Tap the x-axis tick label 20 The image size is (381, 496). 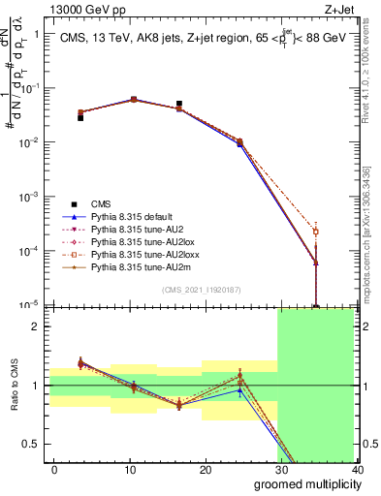coord(206,470)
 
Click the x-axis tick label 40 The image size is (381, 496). coord(357,470)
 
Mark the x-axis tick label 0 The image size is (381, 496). coord(54,470)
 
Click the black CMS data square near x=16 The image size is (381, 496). coord(179,104)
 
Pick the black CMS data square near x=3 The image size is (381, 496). coord(80,117)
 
